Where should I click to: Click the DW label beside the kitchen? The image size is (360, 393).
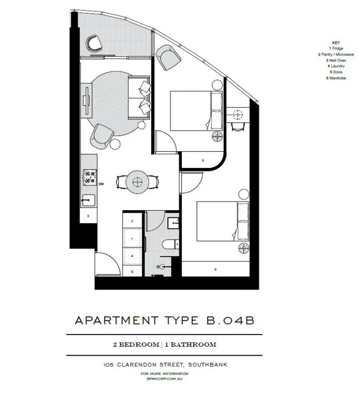[101, 184]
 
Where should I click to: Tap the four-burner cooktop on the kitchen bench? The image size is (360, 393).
[90, 177]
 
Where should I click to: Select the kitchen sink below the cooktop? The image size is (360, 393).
[89, 199]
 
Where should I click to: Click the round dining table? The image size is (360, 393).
[137, 182]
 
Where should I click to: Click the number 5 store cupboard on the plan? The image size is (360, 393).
[132, 271]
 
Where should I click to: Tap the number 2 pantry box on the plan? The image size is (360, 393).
[132, 222]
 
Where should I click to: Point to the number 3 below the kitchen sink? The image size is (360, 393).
[88, 216]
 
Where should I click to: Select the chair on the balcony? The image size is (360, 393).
[92, 44]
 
